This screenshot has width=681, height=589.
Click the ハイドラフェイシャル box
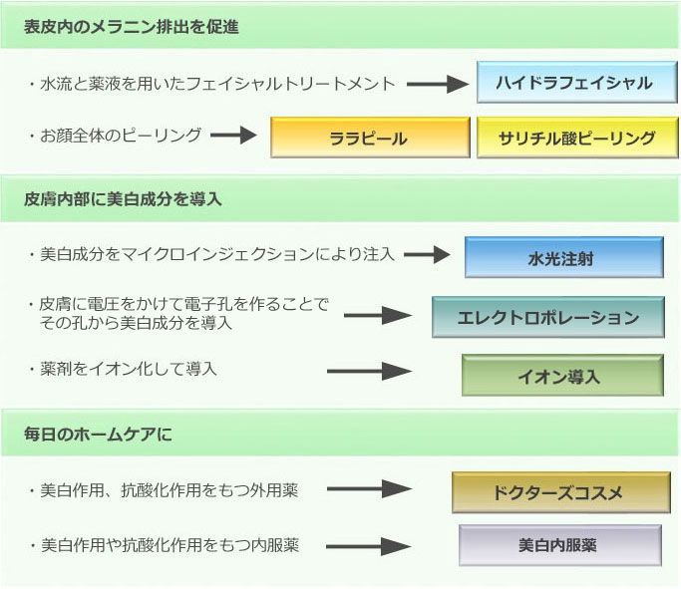577,83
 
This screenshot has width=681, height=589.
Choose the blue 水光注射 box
563,258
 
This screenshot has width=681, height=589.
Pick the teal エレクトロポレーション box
547,318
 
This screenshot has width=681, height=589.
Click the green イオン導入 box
561,376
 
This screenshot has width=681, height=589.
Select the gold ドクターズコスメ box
557,492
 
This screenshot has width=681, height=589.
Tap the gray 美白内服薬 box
558,545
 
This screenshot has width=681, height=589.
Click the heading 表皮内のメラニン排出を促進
132,27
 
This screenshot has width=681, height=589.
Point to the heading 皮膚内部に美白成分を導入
123,199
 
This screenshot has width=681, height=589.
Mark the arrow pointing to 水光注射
427,255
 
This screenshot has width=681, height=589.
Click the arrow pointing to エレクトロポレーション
378,317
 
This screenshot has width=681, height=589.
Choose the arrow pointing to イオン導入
369,372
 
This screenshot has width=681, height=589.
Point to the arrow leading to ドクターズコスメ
369,489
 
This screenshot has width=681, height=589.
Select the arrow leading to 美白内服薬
369,547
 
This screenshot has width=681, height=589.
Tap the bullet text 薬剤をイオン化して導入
129,370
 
